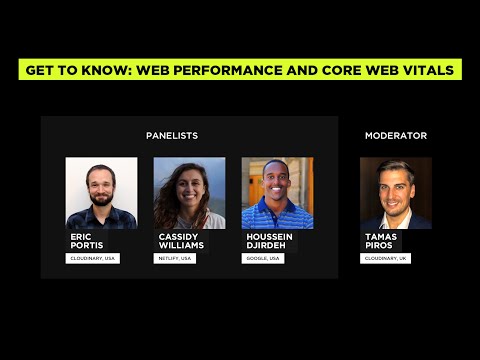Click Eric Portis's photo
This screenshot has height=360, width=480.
click(101, 193)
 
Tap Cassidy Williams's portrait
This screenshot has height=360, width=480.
click(189, 193)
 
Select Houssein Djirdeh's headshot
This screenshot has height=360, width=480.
click(277, 193)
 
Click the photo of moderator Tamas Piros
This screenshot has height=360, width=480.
click(395, 193)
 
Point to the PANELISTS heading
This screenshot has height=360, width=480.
click(172, 135)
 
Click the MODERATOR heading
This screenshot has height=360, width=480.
click(395, 135)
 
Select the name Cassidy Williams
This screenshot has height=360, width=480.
click(180, 241)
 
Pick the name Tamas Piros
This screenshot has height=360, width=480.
click(380, 241)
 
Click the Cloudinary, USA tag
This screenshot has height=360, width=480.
click(93, 258)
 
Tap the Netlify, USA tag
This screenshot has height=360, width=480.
click(175, 258)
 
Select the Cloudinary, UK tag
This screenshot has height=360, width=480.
click(385, 258)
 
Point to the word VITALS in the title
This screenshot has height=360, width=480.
click(427, 70)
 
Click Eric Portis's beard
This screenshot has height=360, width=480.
click(100, 198)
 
